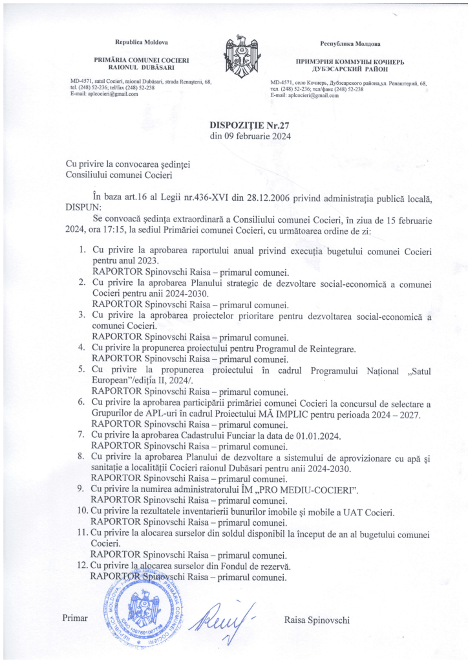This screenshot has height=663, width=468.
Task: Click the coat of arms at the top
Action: [x=234, y=57]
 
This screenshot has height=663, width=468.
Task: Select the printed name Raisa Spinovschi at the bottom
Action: [x=317, y=620]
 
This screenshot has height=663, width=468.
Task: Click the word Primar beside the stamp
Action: [x=74, y=618]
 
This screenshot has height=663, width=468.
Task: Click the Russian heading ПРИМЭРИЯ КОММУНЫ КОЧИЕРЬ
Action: [x=350, y=61]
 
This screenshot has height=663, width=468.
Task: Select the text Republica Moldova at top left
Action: [x=141, y=42]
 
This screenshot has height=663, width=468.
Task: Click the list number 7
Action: [x=82, y=435]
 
